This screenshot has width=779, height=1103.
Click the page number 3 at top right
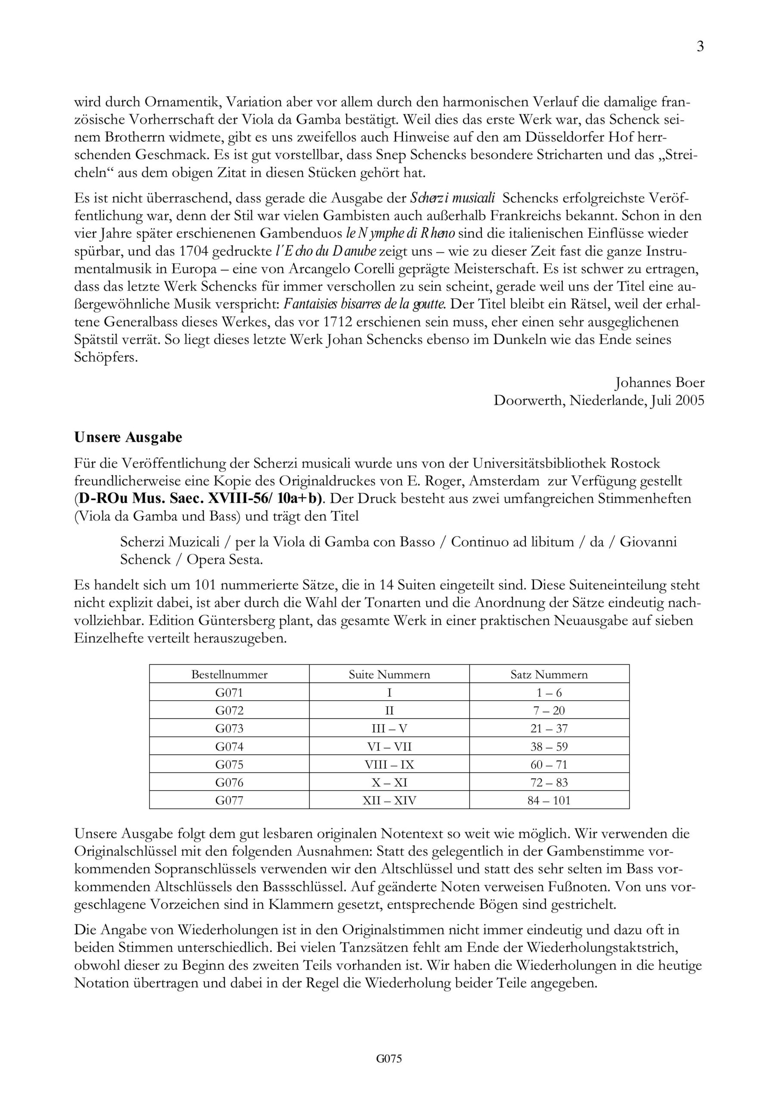click(x=700, y=47)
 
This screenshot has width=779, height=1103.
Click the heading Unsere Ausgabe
click(x=128, y=438)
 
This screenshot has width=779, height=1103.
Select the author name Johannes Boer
click(x=659, y=383)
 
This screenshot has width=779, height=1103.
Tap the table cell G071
click(x=229, y=692)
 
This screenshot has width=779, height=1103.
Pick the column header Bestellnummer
click(x=229, y=674)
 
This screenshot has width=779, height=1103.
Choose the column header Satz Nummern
click(x=549, y=674)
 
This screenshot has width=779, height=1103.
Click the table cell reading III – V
click(x=389, y=728)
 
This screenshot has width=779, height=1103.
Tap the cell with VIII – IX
click(x=389, y=764)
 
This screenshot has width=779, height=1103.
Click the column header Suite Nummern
click(x=389, y=674)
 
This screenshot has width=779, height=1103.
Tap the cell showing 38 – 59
click(x=549, y=747)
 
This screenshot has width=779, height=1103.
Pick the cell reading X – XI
click(x=389, y=782)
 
